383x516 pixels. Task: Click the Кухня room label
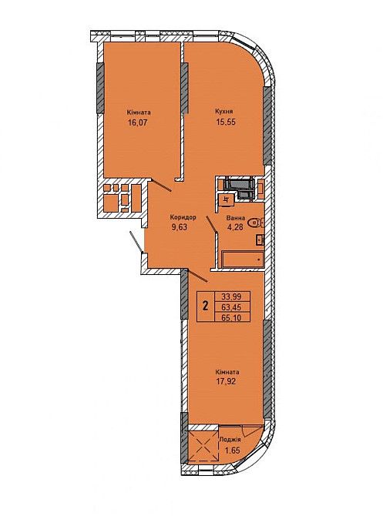click(226, 111)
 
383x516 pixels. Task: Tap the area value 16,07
click(137, 123)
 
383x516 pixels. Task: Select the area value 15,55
click(226, 122)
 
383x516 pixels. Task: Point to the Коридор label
click(183, 217)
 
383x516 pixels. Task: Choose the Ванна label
click(236, 218)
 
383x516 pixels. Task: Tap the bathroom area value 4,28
click(235, 227)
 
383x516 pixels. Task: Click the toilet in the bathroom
click(256, 223)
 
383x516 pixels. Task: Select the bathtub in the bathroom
click(243, 260)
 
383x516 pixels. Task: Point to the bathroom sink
click(260, 240)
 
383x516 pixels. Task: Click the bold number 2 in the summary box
click(206, 307)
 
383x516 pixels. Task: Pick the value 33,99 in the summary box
click(231, 297)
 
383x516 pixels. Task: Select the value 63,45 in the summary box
click(231, 307)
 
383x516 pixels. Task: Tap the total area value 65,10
click(231, 317)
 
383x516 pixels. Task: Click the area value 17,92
click(227, 382)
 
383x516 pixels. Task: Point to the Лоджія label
click(230, 439)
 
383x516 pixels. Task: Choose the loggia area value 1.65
click(232, 450)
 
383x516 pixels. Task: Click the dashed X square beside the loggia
click(204, 447)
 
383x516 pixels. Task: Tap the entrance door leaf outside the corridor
click(136, 243)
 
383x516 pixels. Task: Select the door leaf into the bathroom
click(211, 224)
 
